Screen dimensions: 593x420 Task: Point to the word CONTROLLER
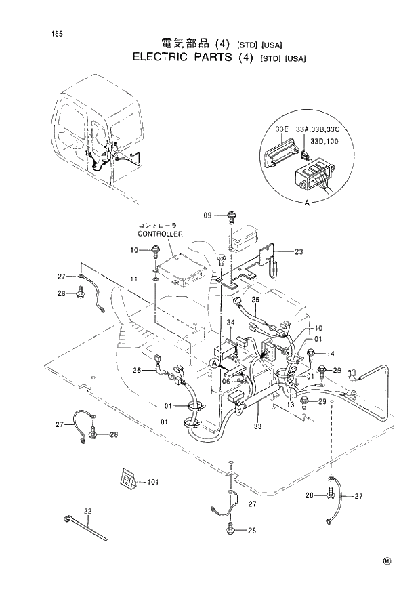tap(161, 234)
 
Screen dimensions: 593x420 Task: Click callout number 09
tap(209, 215)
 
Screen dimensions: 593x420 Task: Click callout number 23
tap(298, 251)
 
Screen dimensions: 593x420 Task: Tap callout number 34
tap(230, 322)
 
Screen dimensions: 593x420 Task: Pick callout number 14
tap(331, 354)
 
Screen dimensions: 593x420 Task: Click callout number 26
tap(137, 371)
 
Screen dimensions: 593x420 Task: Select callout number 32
tap(88, 512)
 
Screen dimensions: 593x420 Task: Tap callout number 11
tap(134, 279)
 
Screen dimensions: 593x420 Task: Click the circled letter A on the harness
tap(214, 364)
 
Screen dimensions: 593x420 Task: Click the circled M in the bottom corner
tap(387, 560)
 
